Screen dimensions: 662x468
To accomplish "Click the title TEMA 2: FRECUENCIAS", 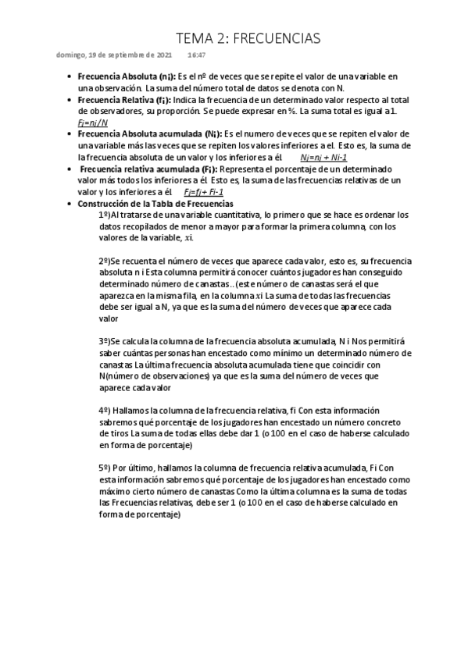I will (x=248, y=38).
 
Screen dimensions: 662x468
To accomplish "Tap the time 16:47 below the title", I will (x=196, y=55).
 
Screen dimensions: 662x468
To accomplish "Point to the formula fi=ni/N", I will (x=93, y=123).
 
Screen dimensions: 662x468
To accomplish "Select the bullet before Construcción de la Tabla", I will (x=70, y=203).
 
